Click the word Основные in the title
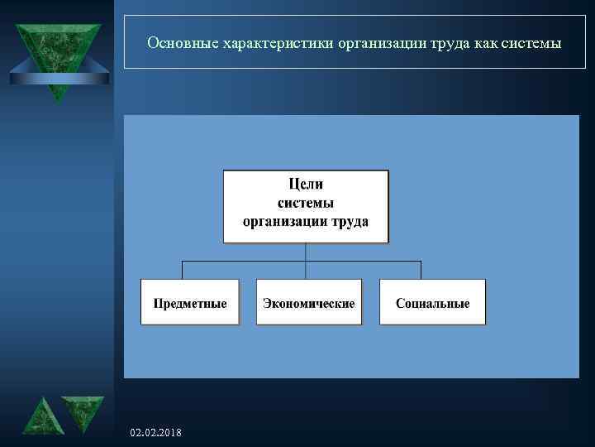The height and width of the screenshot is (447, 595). pos(177,42)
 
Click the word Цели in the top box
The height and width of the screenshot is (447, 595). pos(305,183)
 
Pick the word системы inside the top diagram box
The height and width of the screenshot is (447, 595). pos(305,203)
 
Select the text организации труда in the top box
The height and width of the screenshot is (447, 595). pos(305,222)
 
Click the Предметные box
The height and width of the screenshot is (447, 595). pos(189,302)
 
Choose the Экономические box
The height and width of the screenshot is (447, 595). pos(308,302)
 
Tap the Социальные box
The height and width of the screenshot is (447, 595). pos(432,302)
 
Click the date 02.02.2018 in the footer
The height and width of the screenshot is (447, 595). pos(157,434)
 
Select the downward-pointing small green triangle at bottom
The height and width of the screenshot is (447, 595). pos(82,412)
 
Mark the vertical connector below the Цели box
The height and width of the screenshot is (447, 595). pos(306,252)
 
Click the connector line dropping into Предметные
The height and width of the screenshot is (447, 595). pos(182,270)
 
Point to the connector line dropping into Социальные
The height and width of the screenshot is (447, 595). pos(421,270)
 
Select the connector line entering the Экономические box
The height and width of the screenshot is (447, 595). pos(306,272)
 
